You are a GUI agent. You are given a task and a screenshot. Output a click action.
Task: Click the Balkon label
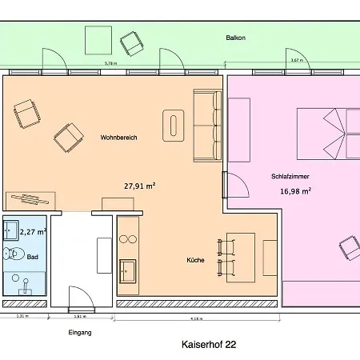tap(235, 38)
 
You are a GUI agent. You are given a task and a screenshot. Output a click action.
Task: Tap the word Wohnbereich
tap(118, 138)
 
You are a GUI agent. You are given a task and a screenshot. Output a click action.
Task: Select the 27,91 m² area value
tap(139, 186)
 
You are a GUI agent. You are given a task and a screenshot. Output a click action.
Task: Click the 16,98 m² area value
tap(295, 191)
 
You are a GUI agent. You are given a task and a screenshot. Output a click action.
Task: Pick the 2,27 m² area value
tap(33, 232)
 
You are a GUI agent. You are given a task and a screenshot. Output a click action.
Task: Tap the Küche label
tap(195, 260)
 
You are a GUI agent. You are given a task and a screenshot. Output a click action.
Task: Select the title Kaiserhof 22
tap(209, 345)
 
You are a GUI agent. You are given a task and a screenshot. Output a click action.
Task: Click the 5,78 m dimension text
tap(110, 62)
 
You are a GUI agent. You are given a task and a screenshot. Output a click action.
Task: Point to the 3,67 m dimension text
tap(295, 61)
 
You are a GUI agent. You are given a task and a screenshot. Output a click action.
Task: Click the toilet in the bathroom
tap(13, 255)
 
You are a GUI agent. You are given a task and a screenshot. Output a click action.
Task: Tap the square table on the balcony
tap(98, 39)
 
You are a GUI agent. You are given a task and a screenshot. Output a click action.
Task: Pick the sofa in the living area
tap(207, 125)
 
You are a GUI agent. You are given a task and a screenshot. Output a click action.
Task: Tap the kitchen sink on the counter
tap(126, 271)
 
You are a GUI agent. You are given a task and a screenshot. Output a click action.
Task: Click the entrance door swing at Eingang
tap(77, 298)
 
